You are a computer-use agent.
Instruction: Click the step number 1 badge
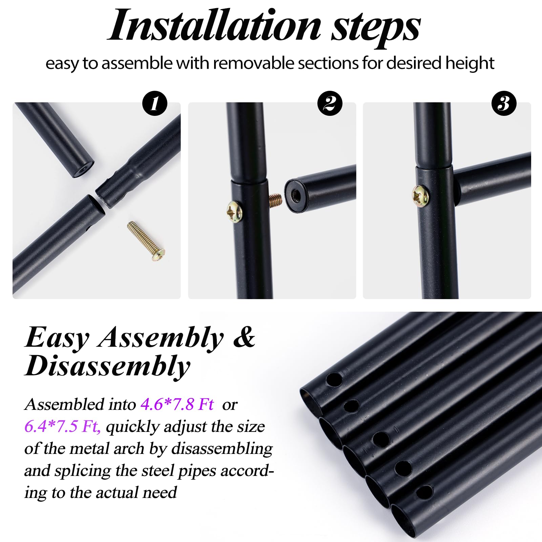pyautogui.click(x=155, y=103)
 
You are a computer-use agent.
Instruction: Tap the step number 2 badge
pyautogui.click(x=330, y=103)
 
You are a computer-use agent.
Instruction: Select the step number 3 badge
pyautogui.click(x=504, y=103)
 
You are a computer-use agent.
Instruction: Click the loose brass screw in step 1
pyautogui.click(x=146, y=237)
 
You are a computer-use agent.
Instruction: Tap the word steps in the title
pyautogui.click(x=376, y=28)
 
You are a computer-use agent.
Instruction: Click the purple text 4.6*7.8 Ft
pyautogui.click(x=177, y=404)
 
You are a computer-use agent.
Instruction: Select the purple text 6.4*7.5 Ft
pyautogui.click(x=62, y=426)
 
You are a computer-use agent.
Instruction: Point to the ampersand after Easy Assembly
pyautogui.click(x=244, y=337)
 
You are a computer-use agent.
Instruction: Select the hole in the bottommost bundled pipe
pyautogui.click(x=424, y=492)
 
